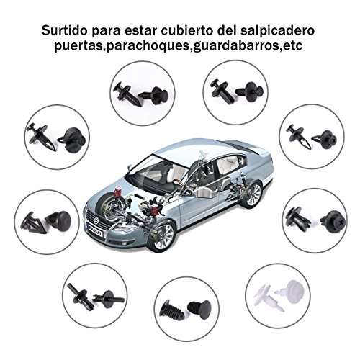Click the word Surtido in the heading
click(64, 30)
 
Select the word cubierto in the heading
click(187, 30)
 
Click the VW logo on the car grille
click(96, 220)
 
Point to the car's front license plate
click(95, 230)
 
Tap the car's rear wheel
click(253, 194)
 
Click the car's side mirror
click(130, 167)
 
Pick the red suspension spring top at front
click(117, 192)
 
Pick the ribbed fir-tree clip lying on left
click(172, 310)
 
